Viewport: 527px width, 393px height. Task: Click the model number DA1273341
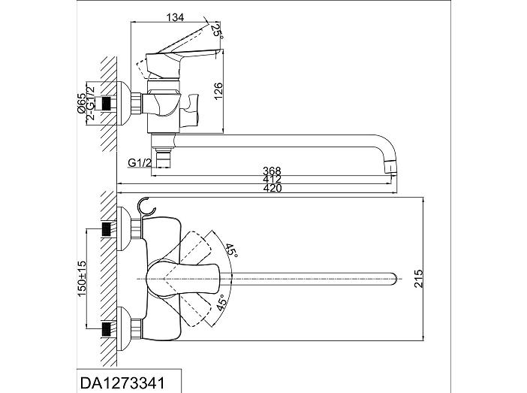122,383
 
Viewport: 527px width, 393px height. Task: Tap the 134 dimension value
176,17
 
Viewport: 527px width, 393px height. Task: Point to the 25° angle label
217,31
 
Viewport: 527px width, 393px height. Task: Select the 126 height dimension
218,90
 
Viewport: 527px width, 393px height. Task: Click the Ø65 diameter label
81,103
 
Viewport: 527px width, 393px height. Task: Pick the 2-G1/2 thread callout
90,103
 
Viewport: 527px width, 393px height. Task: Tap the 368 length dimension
272,171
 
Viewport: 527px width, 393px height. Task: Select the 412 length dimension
272,180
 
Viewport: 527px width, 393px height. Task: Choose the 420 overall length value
273,188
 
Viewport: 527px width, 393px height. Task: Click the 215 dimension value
418,278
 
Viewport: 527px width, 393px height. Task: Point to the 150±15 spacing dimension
82,279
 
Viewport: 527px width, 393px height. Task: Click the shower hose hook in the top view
146,206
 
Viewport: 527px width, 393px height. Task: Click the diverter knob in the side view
190,110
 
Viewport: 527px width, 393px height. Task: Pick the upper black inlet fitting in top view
106,229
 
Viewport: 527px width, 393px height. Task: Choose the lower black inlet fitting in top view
106,328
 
